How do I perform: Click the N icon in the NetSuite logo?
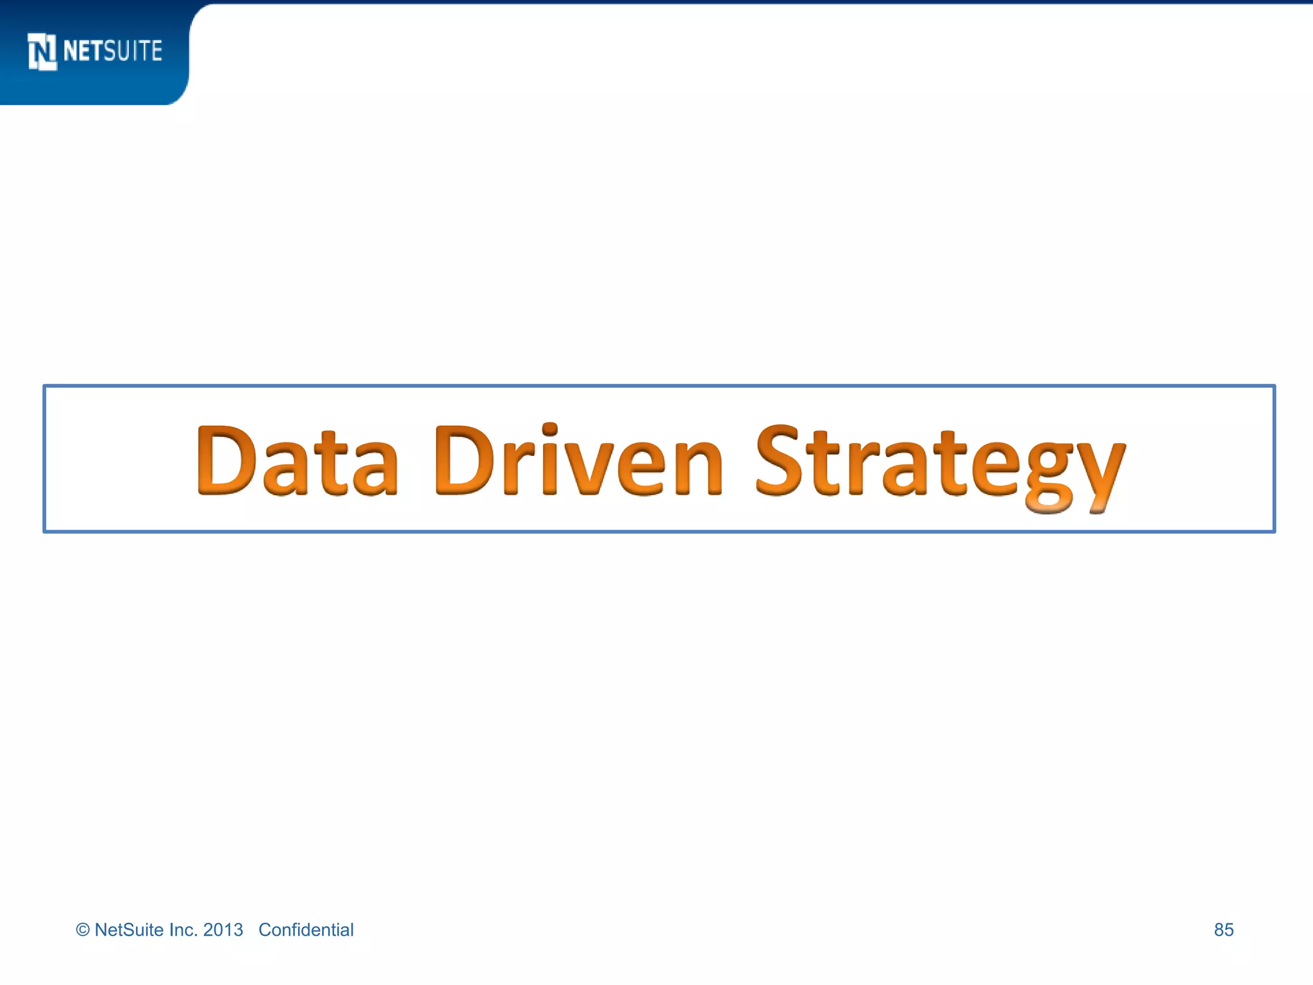pyautogui.click(x=42, y=51)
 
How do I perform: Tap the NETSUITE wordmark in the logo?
pyautogui.click(x=113, y=51)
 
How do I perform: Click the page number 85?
pyautogui.click(x=1223, y=930)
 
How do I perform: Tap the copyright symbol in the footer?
pyautogui.click(x=83, y=930)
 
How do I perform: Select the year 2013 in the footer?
pyautogui.click(x=223, y=930)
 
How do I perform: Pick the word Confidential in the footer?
pyautogui.click(x=306, y=930)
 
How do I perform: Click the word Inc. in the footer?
pyautogui.click(x=183, y=930)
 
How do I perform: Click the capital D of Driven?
pyautogui.click(x=463, y=460)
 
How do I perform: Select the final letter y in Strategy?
pyautogui.click(x=1098, y=475)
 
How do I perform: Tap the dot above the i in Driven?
pyautogui.click(x=549, y=428)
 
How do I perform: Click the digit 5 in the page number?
pyautogui.click(x=1229, y=930)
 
